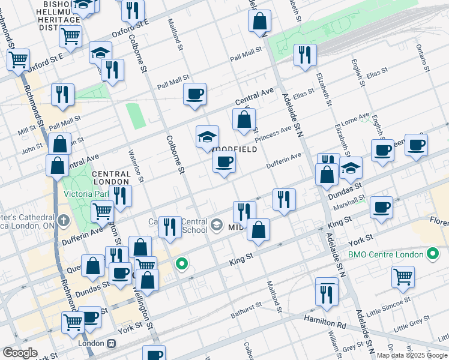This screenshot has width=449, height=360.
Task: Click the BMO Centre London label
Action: point(386,254)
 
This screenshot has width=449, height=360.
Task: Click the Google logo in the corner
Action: point(20,353)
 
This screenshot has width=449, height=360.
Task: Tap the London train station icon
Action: point(111,344)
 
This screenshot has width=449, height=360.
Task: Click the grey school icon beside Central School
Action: point(217,226)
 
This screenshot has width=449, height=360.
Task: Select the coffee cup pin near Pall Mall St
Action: point(194,94)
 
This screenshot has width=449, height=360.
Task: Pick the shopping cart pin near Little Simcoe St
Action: point(403,277)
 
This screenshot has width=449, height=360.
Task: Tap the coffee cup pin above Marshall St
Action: point(381,206)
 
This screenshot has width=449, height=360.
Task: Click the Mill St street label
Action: point(27,130)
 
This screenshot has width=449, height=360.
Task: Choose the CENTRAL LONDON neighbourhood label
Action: point(110,177)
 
